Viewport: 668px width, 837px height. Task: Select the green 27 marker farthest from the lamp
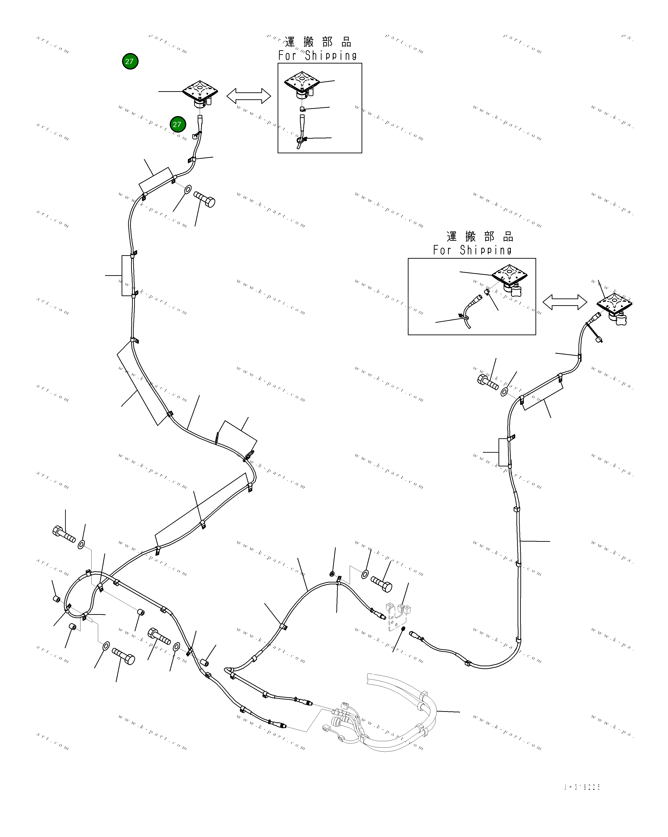[x=130, y=61]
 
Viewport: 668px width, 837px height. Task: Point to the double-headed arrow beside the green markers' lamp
[x=249, y=96]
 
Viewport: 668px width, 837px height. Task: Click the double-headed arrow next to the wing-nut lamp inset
[x=565, y=302]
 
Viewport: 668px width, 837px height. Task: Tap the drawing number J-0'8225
[x=582, y=787]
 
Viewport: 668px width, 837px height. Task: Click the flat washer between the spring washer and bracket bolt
[x=365, y=574]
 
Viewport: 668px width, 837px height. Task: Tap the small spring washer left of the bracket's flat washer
[x=332, y=573]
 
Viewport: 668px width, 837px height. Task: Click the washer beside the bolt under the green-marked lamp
[x=187, y=189]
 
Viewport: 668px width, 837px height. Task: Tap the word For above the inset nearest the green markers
[x=287, y=56]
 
